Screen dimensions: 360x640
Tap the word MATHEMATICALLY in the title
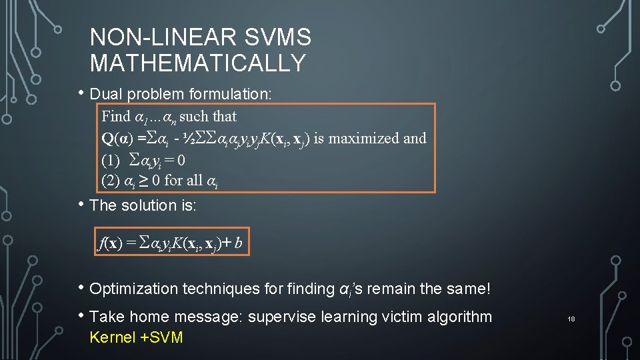(x=198, y=63)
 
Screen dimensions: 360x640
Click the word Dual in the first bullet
(x=104, y=94)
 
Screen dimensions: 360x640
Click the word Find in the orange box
(x=116, y=116)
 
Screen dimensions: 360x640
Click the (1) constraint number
(x=110, y=160)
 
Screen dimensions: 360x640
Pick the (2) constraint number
(x=110, y=180)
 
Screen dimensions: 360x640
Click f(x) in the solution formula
(x=108, y=244)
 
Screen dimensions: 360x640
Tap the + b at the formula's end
(x=240, y=244)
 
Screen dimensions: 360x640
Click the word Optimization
(x=133, y=289)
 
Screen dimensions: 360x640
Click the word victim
(x=381, y=317)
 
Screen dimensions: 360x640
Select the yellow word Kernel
(x=112, y=337)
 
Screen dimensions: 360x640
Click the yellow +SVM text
(x=162, y=337)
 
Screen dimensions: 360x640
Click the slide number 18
(x=571, y=320)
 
